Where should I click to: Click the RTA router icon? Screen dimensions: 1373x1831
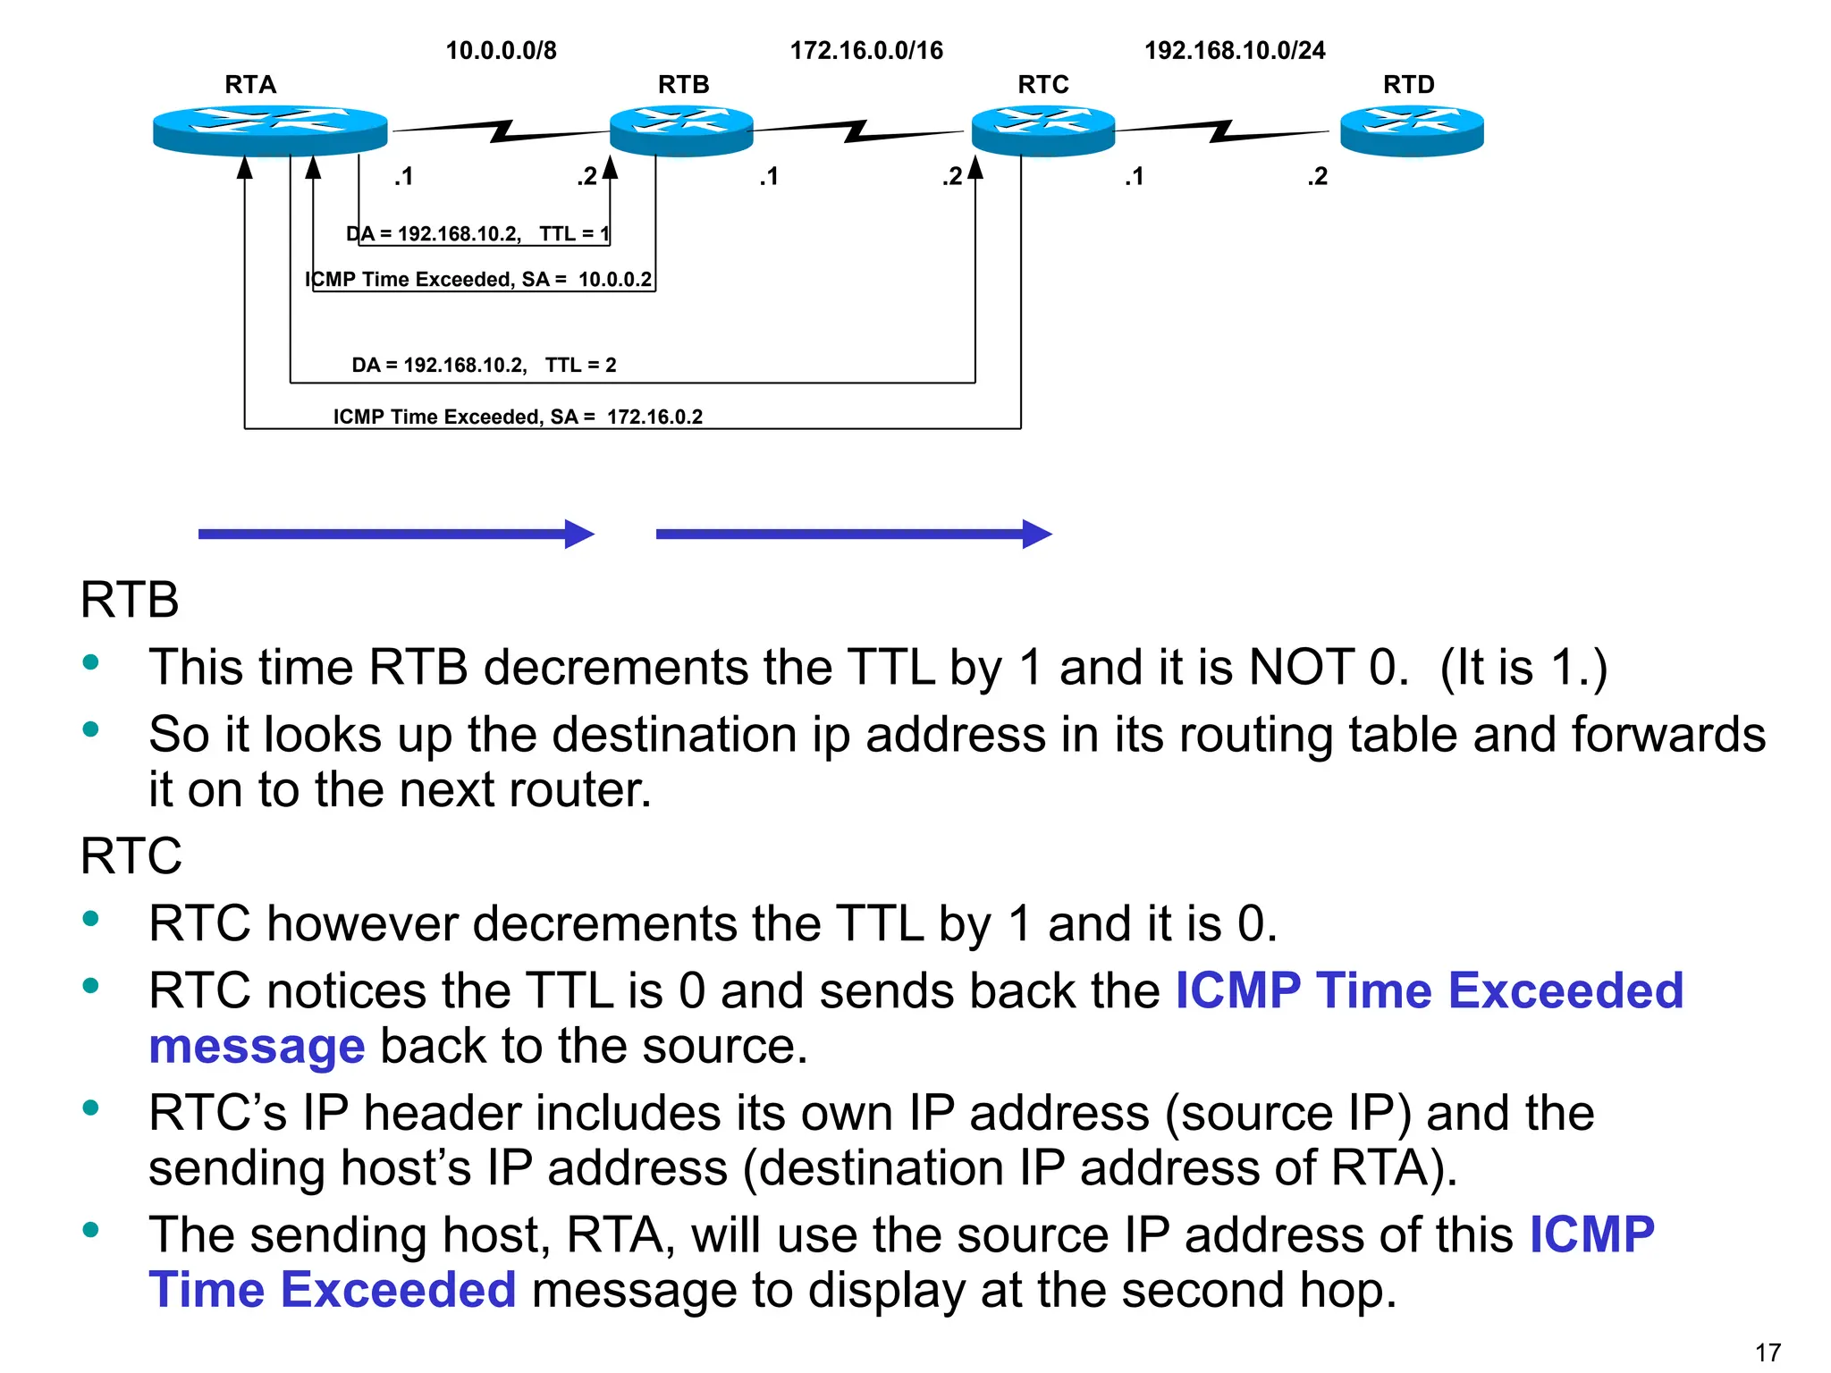pos(270,131)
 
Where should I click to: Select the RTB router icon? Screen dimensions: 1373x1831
pos(681,131)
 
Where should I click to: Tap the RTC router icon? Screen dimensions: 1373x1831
pos(1042,131)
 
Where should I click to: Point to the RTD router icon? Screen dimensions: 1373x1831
pos(1412,131)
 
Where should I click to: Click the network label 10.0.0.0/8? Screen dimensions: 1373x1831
pos(501,50)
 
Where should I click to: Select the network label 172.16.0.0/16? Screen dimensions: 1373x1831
pos(865,50)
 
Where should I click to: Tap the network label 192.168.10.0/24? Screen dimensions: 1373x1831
pos(1235,50)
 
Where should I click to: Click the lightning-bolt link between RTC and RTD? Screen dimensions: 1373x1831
pos(1221,131)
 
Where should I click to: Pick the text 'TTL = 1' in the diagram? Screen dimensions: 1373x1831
pos(574,234)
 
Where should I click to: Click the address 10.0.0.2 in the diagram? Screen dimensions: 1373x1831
pos(615,280)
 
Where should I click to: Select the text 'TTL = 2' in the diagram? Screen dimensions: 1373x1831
pos(581,365)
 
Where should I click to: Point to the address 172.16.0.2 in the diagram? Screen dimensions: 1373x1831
pos(654,417)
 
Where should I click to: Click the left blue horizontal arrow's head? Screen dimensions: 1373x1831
pos(579,535)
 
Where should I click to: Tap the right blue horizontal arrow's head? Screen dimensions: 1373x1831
pos(1037,535)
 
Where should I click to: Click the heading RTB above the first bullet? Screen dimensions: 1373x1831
pos(130,600)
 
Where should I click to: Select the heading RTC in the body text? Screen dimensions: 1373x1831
pos(131,856)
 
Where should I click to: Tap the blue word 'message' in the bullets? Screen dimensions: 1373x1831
pos(257,1047)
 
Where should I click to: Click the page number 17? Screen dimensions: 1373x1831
pos(1768,1352)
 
